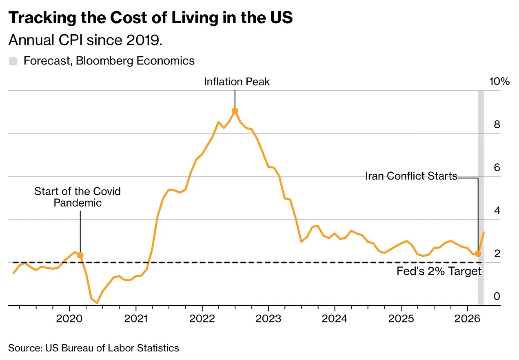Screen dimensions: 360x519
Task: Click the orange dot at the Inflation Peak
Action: tap(235, 111)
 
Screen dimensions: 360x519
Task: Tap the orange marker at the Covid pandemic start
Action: tap(80, 255)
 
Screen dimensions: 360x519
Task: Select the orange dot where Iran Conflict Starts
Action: tap(478, 253)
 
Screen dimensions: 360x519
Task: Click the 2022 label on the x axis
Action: tap(202, 318)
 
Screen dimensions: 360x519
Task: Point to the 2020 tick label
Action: tap(69, 318)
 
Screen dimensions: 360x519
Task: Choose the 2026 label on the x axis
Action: tap(468, 318)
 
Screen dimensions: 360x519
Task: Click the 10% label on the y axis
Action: tap(499, 81)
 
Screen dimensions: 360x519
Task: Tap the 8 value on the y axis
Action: tap(497, 124)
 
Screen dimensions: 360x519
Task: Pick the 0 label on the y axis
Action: tap(497, 296)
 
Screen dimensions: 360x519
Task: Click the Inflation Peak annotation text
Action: tap(237, 82)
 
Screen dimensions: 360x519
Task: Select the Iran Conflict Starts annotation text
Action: tap(411, 176)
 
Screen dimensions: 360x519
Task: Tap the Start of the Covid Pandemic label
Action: tap(78, 197)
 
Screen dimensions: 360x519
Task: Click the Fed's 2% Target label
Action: tap(439, 271)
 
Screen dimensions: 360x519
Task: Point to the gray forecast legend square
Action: tap(13, 61)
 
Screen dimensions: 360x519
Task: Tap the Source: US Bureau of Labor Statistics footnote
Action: tap(93, 348)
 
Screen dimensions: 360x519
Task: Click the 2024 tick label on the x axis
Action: tap(335, 318)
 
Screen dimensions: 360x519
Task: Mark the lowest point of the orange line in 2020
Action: tap(97, 303)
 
